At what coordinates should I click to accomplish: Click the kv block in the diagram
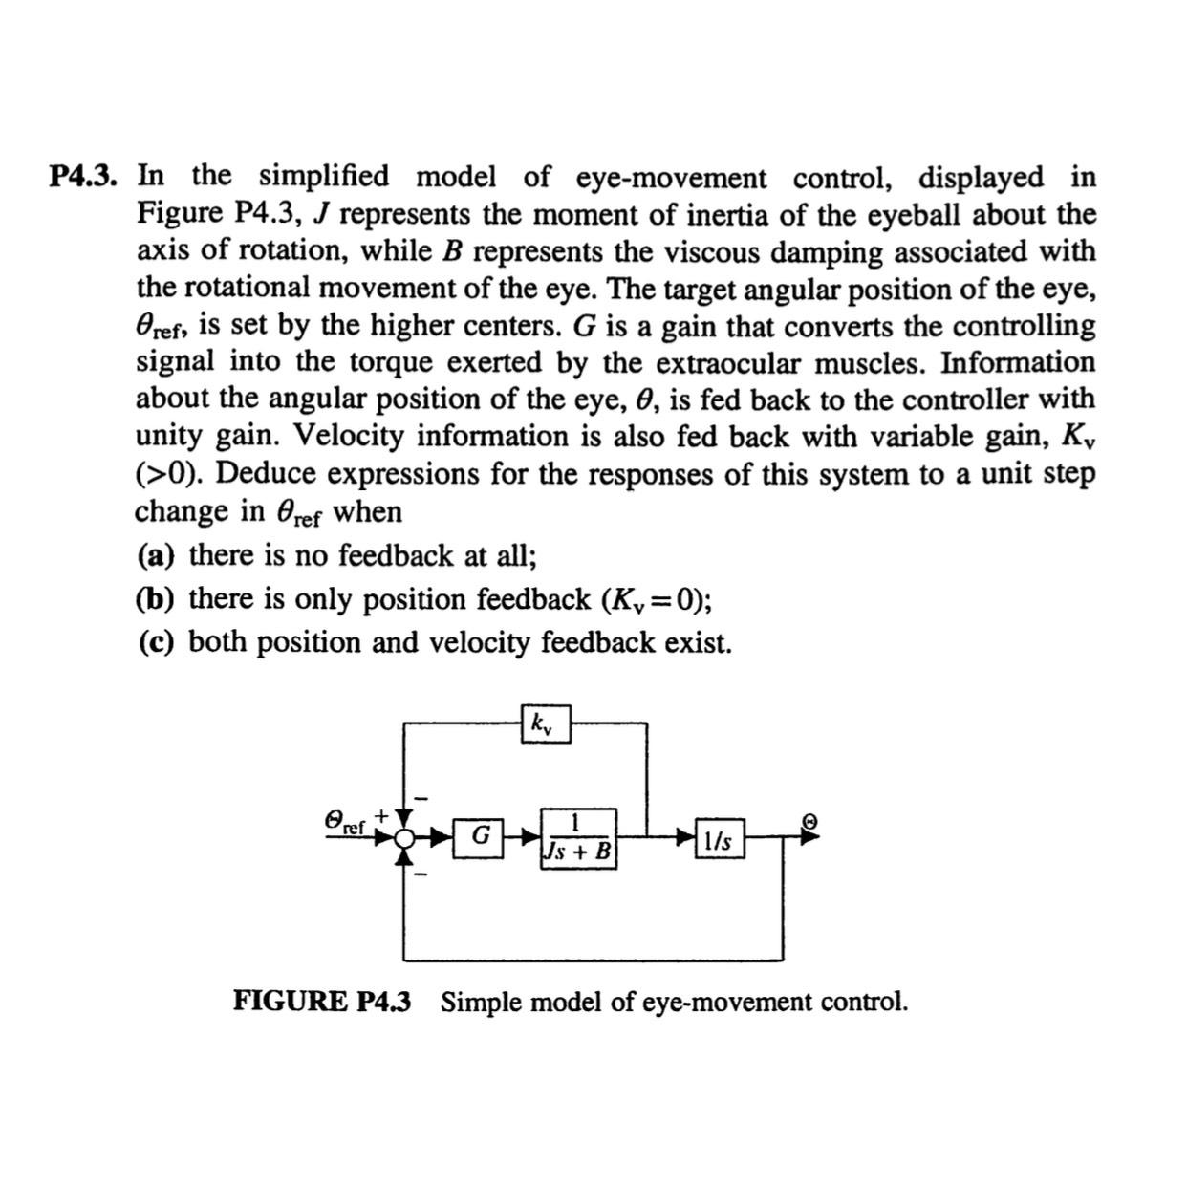click(545, 723)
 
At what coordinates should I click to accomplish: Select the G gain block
click(479, 836)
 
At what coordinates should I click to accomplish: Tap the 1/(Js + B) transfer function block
click(578, 838)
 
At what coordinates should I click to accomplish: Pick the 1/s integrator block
click(719, 839)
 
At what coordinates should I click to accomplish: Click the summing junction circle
click(404, 838)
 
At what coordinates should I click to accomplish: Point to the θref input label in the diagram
click(345, 822)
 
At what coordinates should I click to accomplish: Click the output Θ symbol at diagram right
click(809, 821)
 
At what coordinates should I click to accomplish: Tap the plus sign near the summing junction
click(381, 814)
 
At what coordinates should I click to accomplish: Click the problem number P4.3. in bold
click(84, 177)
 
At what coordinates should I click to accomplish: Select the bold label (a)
click(156, 555)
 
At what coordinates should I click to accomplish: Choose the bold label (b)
click(156, 599)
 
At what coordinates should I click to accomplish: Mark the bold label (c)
click(156, 642)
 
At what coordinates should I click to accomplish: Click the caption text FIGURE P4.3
click(322, 1002)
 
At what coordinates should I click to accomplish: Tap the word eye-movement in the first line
click(671, 178)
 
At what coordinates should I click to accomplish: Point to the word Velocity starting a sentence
click(350, 437)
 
